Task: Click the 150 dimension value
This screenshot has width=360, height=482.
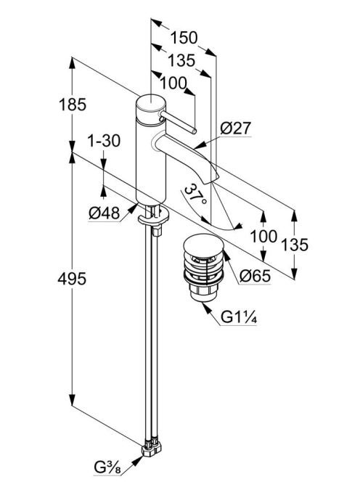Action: click(184, 37)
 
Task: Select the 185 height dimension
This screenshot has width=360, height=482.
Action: click(73, 105)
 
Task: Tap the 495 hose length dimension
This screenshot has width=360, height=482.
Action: click(72, 279)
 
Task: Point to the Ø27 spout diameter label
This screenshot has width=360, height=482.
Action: click(235, 128)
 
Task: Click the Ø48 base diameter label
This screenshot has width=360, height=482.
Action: click(105, 213)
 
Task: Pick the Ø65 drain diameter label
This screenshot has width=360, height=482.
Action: click(255, 276)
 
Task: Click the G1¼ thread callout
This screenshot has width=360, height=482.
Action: click(239, 317)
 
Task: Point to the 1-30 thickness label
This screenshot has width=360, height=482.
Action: click(104, 141)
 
